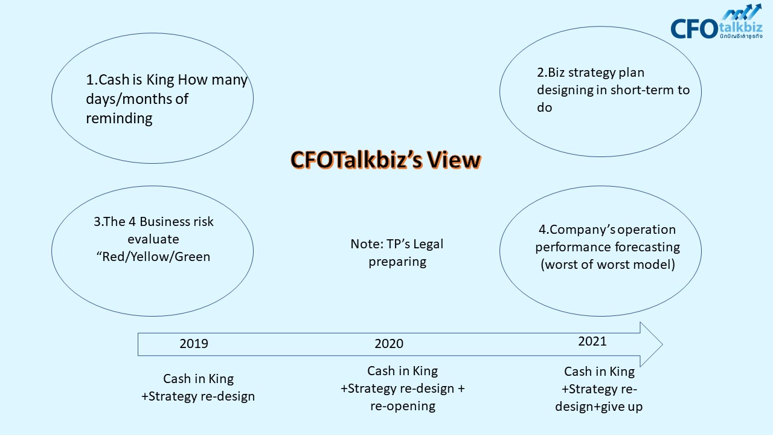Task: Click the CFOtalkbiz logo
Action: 716,21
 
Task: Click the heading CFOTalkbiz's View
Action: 385,160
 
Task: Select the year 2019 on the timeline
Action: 194,344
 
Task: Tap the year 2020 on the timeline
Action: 389,344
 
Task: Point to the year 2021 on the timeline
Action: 592,341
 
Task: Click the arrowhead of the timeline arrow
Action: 652,344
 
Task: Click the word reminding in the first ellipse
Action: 119,118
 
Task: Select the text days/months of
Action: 137,99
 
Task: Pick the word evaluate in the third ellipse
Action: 153,239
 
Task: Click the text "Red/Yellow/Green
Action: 153,257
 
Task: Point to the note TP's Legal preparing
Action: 397,253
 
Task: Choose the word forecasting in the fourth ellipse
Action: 647,247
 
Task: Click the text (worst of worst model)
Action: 608,265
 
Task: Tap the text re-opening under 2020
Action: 403,406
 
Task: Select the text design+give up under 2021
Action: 598,407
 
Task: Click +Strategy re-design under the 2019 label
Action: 198,396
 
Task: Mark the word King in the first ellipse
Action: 160,80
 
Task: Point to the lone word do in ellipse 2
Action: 544,108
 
